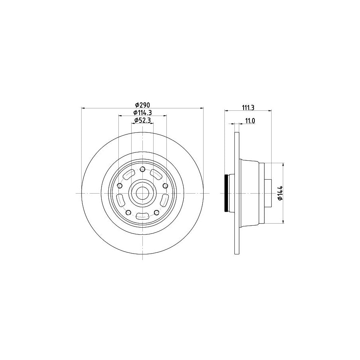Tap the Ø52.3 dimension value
coord(142,120)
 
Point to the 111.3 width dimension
coord(248,107)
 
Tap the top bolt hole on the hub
coord(142,169)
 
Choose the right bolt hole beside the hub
coord(165,186)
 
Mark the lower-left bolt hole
coord(128,212)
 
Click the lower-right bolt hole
coord(156,212)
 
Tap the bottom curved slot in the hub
coord(142,216)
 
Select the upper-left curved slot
coord(129,174)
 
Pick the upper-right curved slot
coord(156,174)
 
